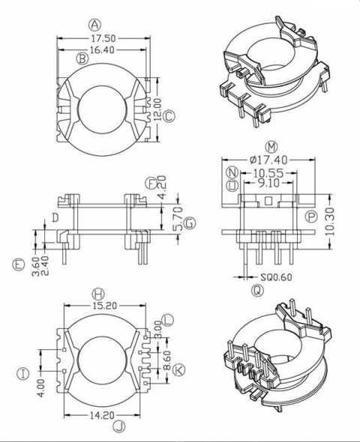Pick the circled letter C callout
pos(169,116)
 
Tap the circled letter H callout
pos(97,292)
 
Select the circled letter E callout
pos(18,264)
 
